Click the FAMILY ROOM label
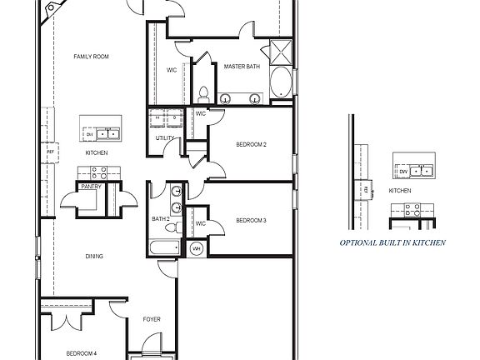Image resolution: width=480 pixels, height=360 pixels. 92,57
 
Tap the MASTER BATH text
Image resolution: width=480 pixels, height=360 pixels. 240,66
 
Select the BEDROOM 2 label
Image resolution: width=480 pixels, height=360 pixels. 251,145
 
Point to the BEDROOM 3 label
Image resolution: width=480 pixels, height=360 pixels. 251,221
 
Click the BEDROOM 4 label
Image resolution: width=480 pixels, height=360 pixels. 82,353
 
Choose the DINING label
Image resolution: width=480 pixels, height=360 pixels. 93,256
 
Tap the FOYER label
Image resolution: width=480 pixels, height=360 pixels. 152,319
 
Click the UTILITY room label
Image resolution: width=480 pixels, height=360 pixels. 164,137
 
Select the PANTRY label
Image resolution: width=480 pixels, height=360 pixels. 91,187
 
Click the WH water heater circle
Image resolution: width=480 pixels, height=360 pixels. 197,248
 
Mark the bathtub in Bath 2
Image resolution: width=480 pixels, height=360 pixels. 162,248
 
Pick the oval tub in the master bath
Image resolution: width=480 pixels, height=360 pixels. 281,84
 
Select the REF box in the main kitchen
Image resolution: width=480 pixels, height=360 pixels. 51,152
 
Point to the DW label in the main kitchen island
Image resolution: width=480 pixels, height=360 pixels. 90,133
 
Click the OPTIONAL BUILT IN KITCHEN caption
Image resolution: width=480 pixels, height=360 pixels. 392,243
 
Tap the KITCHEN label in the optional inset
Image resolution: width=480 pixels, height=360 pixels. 401,191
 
